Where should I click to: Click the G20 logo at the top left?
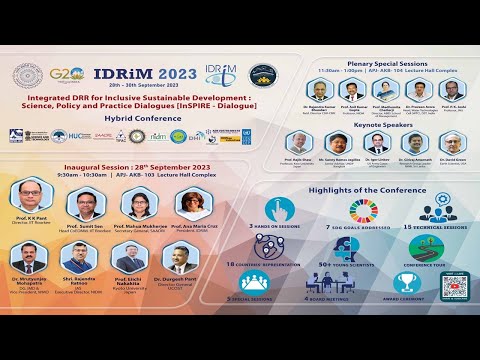pyautogui.click(x=65, y=75)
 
